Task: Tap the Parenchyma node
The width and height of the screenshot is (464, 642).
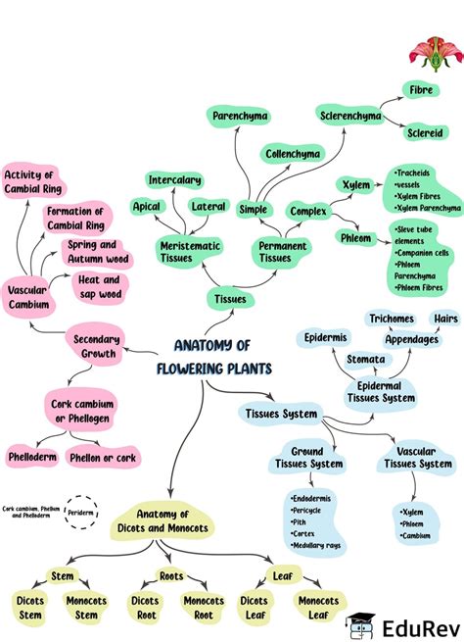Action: click(239, 117)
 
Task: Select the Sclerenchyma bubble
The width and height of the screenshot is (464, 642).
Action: click(350, 117)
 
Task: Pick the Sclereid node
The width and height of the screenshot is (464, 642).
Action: click(425, 132)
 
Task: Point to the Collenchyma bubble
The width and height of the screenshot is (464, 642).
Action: click(292, 154)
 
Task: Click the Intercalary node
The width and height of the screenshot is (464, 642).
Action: click(175, 180)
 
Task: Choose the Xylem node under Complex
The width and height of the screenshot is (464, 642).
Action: click(354, 184)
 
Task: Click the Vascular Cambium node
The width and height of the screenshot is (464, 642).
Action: click(27, 297)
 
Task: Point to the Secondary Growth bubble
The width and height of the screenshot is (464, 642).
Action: click(96, 346)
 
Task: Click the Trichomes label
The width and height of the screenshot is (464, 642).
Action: click(391, 320)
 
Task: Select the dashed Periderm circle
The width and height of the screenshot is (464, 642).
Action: click(80, 512)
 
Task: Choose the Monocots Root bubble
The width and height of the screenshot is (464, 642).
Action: click(204, 608)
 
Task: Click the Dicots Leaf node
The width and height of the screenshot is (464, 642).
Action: click(255, 608)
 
